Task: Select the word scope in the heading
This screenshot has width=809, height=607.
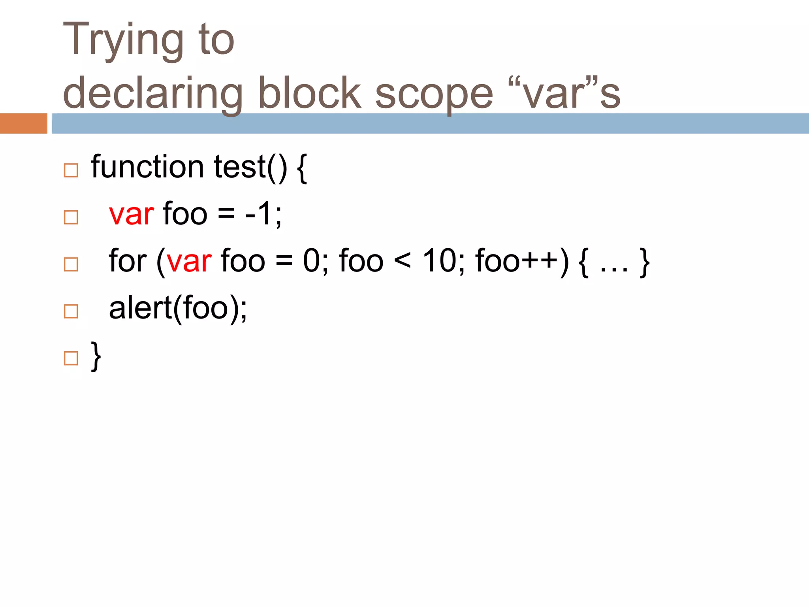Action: coord(434,95)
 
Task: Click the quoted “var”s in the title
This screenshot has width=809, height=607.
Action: coord(564,93)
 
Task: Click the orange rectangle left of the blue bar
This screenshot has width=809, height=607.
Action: coord(24,123)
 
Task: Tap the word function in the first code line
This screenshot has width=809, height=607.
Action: coord(147,167)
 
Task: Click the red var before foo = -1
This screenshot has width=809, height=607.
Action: coord(131,214)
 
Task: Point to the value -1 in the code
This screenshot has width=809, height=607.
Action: coord(258,214)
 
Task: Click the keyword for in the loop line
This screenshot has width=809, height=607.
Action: coord(127,261)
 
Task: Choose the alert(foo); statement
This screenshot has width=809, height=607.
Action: coord(178,309)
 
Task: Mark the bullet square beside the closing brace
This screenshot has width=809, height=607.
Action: coord(71,358)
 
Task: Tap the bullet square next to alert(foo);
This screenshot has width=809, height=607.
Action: coord(71,311)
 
